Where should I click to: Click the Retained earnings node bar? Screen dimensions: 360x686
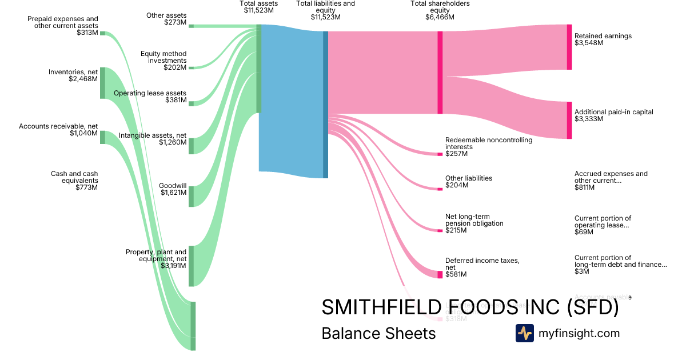[x=569, y=47]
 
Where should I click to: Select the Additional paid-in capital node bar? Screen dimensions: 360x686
[x=569, y=120]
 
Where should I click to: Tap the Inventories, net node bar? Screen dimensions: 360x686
[x=103, y=83]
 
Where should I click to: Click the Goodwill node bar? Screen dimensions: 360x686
[x=191, y=196]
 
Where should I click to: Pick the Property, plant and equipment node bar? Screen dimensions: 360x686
[x=191, y=266]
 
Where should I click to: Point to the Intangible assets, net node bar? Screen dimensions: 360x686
[x=191, y=146]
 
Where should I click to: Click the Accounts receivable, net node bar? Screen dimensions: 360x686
[x=103, y=137]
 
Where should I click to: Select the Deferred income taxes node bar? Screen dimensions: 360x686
[x=440, y=274]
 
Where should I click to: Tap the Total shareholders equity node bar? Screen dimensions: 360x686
[x=440, y=73]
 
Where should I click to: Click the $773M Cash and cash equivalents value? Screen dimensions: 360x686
[x=86, y=187]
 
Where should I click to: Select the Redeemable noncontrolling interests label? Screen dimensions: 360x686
[x=488, y=143]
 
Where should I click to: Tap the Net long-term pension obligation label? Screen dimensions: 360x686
[x=474, y=220]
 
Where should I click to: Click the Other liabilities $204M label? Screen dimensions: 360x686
[x=468, y=182]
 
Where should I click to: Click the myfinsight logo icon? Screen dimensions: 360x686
[x=524, y=333]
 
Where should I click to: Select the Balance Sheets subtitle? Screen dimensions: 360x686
[x=378, y=333]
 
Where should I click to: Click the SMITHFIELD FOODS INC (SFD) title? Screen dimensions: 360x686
[x=470, y=307]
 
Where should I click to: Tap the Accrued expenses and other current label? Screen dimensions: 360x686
[x=611, y=177]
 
